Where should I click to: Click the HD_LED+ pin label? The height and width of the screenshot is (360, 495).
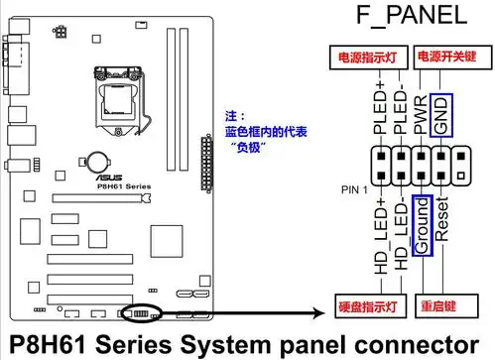coord(379,234)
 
